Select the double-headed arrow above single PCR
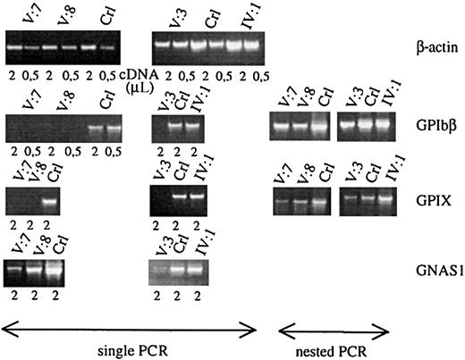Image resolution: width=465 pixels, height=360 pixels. click(x=130, y=327)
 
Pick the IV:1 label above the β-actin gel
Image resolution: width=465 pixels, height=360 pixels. click(x=243, y=18)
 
